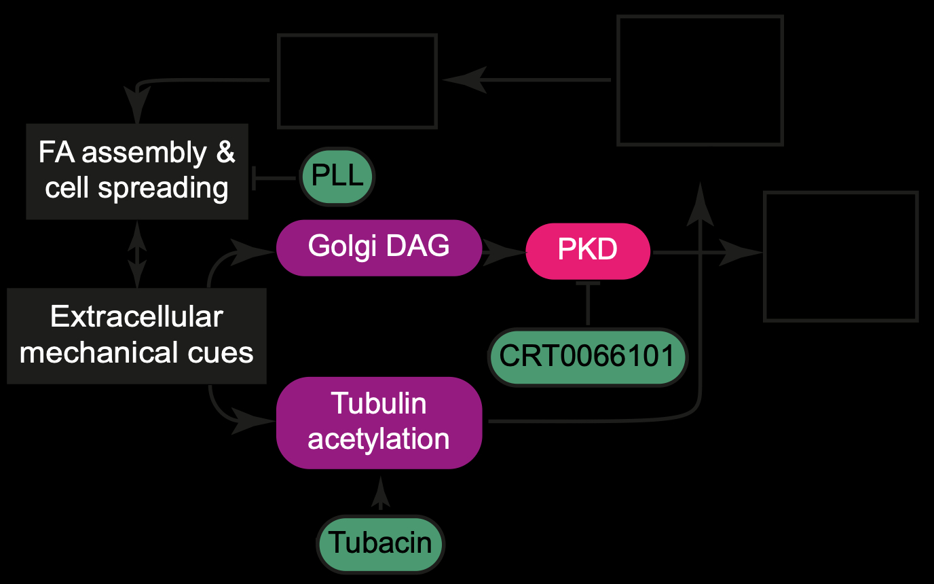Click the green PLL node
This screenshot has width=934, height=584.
[337, 178]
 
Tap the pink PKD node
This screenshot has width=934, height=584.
[588, 251]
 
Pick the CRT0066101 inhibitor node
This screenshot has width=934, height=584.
[588, 357]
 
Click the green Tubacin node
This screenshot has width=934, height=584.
[380, 543]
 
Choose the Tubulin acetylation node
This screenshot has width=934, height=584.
[379, 422]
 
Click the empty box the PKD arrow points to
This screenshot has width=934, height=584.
[841, 256]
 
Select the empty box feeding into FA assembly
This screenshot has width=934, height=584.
[357, 81]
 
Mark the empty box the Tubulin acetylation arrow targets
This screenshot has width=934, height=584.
[700, 80]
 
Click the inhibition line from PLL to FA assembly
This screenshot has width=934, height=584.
[275, 178]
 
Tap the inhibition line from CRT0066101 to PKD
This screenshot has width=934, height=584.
[588, 303]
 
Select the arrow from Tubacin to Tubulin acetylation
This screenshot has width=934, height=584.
[380, 494]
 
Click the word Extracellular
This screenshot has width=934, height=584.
[136, 317]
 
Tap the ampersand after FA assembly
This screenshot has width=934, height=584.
[225, 152]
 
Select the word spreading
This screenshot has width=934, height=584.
[164, 188]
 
